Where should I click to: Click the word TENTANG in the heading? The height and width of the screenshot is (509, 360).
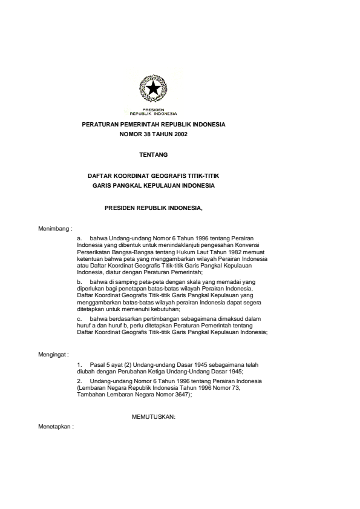[x=153, y=155]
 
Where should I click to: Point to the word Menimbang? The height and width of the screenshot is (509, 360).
[x=54, y=229]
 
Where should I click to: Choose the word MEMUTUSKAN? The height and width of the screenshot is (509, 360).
[x=153, y=417]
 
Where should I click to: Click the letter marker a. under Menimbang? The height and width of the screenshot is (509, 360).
[x=79, y=239]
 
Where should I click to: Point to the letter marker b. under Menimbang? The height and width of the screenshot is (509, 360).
[x=79, y=281]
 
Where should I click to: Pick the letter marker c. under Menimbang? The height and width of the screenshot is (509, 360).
[x=79, y=318]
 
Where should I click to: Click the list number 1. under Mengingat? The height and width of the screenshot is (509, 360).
[x=79, y=366]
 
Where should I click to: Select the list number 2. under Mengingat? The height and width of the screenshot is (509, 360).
[x=79, y=381]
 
